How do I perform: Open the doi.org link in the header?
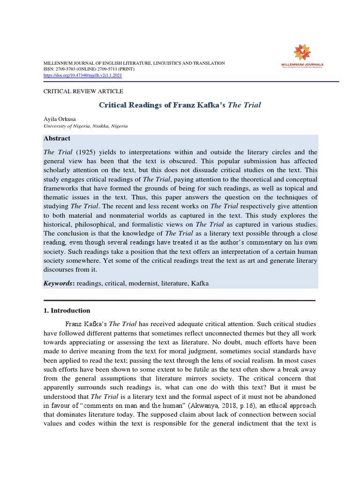click(x=82, y=75)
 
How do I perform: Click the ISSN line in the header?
click(x=89, y=69)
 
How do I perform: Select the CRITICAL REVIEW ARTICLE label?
click(x=83, y=91)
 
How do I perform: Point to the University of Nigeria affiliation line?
click(x=85, y=126)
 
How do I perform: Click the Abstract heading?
click(x=57, y=138)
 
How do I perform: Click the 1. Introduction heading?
click(x=67, y=310)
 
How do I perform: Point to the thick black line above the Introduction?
click(x=180, y=300)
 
